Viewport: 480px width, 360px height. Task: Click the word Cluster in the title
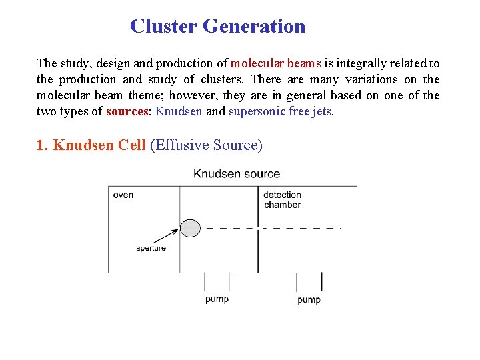coord(163,26)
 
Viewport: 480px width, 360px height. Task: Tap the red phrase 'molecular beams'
coord(275,63)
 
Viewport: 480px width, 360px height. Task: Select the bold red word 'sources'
coord(127,111)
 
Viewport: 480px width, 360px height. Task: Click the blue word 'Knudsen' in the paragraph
coord(179,111)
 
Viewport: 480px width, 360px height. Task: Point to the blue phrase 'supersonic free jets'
coord(279,111)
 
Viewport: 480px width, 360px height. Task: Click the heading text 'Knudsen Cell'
coord(99,145)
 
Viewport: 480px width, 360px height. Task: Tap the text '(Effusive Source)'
coord(207,145)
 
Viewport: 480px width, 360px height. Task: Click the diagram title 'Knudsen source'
coord(237,174)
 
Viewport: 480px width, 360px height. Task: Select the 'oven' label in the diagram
coord(123,195)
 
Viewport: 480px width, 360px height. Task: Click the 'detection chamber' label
coord(282,199)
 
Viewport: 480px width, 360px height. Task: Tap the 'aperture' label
coord(151,248)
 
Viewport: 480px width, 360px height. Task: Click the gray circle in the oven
coord(190,228)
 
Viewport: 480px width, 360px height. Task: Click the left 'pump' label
coord(217,299)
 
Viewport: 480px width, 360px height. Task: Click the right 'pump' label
coord(309,299)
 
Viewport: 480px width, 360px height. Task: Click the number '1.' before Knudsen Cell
coord(42,145)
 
